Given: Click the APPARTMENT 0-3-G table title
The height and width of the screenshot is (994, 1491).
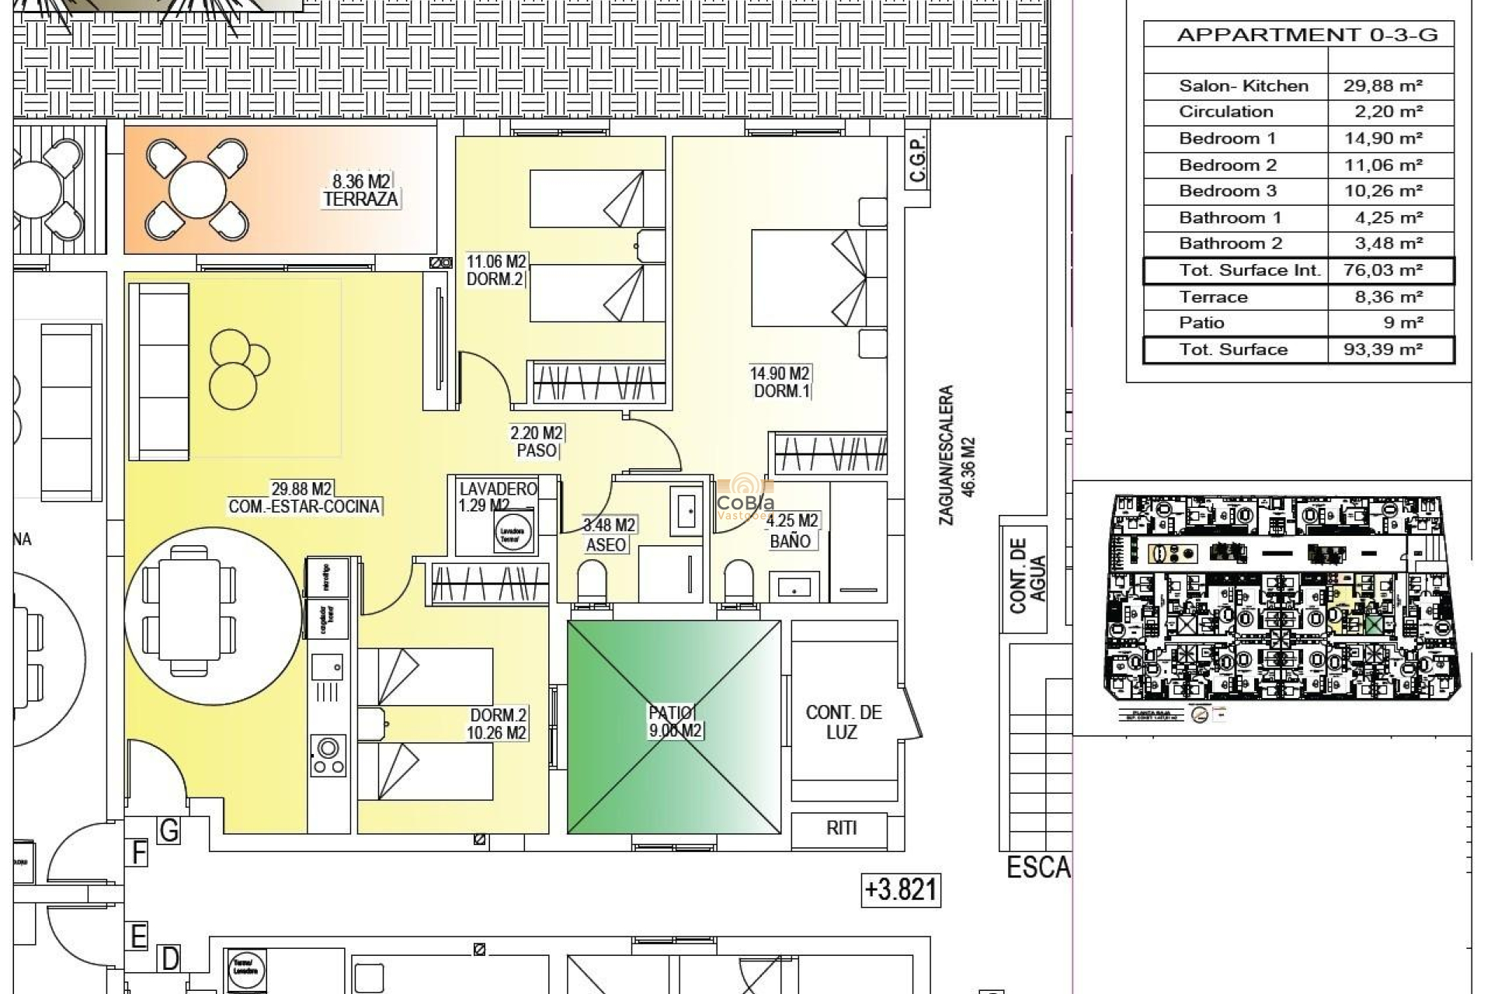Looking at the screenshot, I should click(x=1307, y=35).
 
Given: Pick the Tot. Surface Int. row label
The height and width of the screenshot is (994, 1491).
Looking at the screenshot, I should click(x=1249, y=270).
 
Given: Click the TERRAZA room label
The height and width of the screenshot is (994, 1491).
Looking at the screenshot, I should click(x=361, y=199).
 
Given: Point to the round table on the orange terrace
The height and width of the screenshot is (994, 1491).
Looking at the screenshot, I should click(x=196, y=189).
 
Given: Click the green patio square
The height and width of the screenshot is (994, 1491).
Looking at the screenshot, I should click(x=674, y=726).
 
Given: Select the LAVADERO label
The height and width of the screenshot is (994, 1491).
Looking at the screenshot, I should click(x=498, y=489).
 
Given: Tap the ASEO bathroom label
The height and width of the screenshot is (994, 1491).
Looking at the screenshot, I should click(x=606, y=545).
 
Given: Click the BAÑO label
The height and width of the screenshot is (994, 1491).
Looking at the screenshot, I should click(x=790, y=541).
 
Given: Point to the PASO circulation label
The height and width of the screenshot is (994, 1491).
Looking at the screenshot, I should click(x=537, y=450).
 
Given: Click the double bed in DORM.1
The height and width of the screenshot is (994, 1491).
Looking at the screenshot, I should click(x=808, y=277).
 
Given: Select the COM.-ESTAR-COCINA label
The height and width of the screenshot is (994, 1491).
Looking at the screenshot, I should click(x=304, y=506).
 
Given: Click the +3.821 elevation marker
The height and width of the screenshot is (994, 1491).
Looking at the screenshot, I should click(x=901, y=889).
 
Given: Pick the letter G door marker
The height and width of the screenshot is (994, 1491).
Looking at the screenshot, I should click(x=169, y=831).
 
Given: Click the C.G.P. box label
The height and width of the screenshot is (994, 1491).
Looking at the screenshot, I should click(x=918, y=159).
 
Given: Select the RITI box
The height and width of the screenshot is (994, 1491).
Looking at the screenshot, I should click(x=841, y=829).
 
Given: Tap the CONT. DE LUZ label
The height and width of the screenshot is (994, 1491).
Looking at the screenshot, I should click(x=843, y=722).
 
